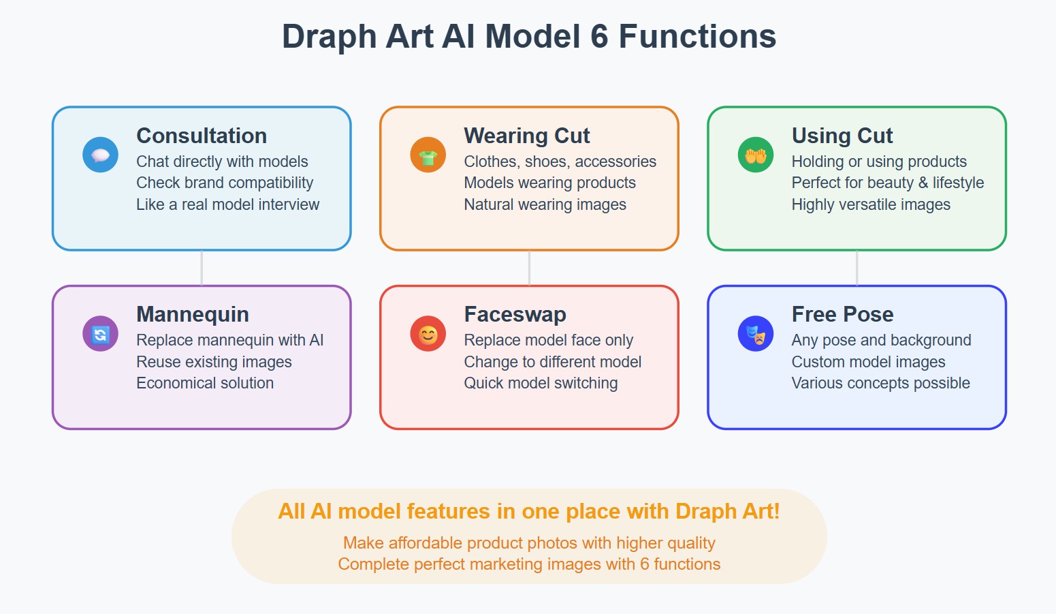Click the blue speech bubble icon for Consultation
point(100,155)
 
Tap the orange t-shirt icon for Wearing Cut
point(428,155)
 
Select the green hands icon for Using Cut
point(756,155)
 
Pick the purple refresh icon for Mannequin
point(100,334)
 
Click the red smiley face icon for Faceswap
point(428,334)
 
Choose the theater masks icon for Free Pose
point(756,334)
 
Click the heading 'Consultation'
point(202,136)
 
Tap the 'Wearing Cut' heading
point(526,136)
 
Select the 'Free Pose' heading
point(842,314)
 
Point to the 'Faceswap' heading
point(515,314)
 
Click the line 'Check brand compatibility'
point(225,183)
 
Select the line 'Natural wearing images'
point(545,204)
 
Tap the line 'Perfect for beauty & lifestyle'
point(887,183)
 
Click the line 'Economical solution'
point(205,383)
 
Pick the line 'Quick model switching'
point(541,383)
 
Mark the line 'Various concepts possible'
point(880,383)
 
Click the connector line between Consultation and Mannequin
point(202,268)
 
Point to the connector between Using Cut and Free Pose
point(857,268)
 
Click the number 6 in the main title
point(599,36)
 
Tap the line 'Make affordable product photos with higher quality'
point(529,542)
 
